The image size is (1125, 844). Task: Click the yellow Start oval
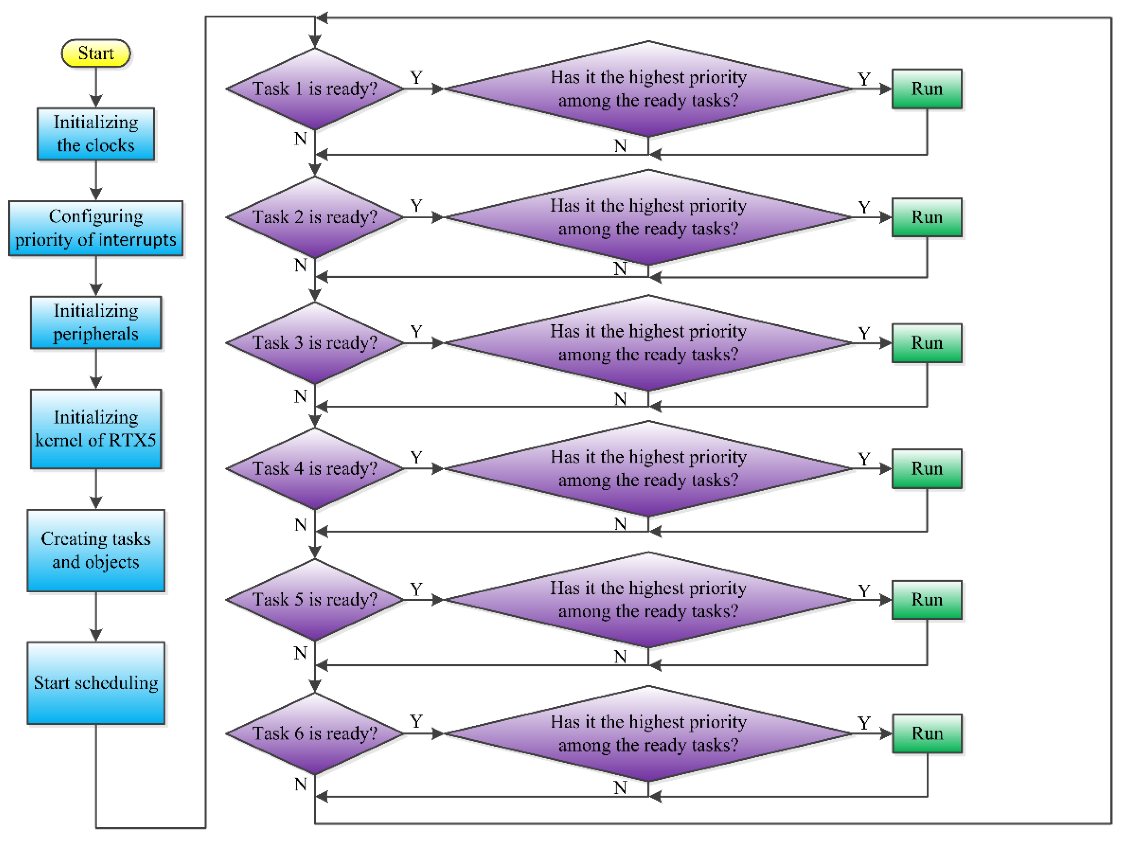(96, 53)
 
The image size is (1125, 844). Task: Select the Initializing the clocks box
(96, 134)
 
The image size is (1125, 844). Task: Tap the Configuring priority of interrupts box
(96, 228)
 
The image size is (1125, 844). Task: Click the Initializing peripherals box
(96, 323)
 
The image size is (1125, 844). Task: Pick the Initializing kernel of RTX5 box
(96, 429)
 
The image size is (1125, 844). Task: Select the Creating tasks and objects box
(96, 551)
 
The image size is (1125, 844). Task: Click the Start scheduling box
(96, 683)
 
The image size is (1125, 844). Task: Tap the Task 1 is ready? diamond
(315, 89)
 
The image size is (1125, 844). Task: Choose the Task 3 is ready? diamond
(315, 343)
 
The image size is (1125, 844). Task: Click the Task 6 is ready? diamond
(315, 733)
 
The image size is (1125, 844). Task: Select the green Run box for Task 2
(927, 217)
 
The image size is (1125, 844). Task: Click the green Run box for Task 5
(927, 600)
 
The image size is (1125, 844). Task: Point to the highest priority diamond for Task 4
(648, 469)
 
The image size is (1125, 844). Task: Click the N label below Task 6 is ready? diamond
(301, 785)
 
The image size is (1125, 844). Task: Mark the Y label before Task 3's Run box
(864, 334)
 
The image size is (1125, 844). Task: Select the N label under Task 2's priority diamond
(620, 269)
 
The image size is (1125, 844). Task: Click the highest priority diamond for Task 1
(648, 89)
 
